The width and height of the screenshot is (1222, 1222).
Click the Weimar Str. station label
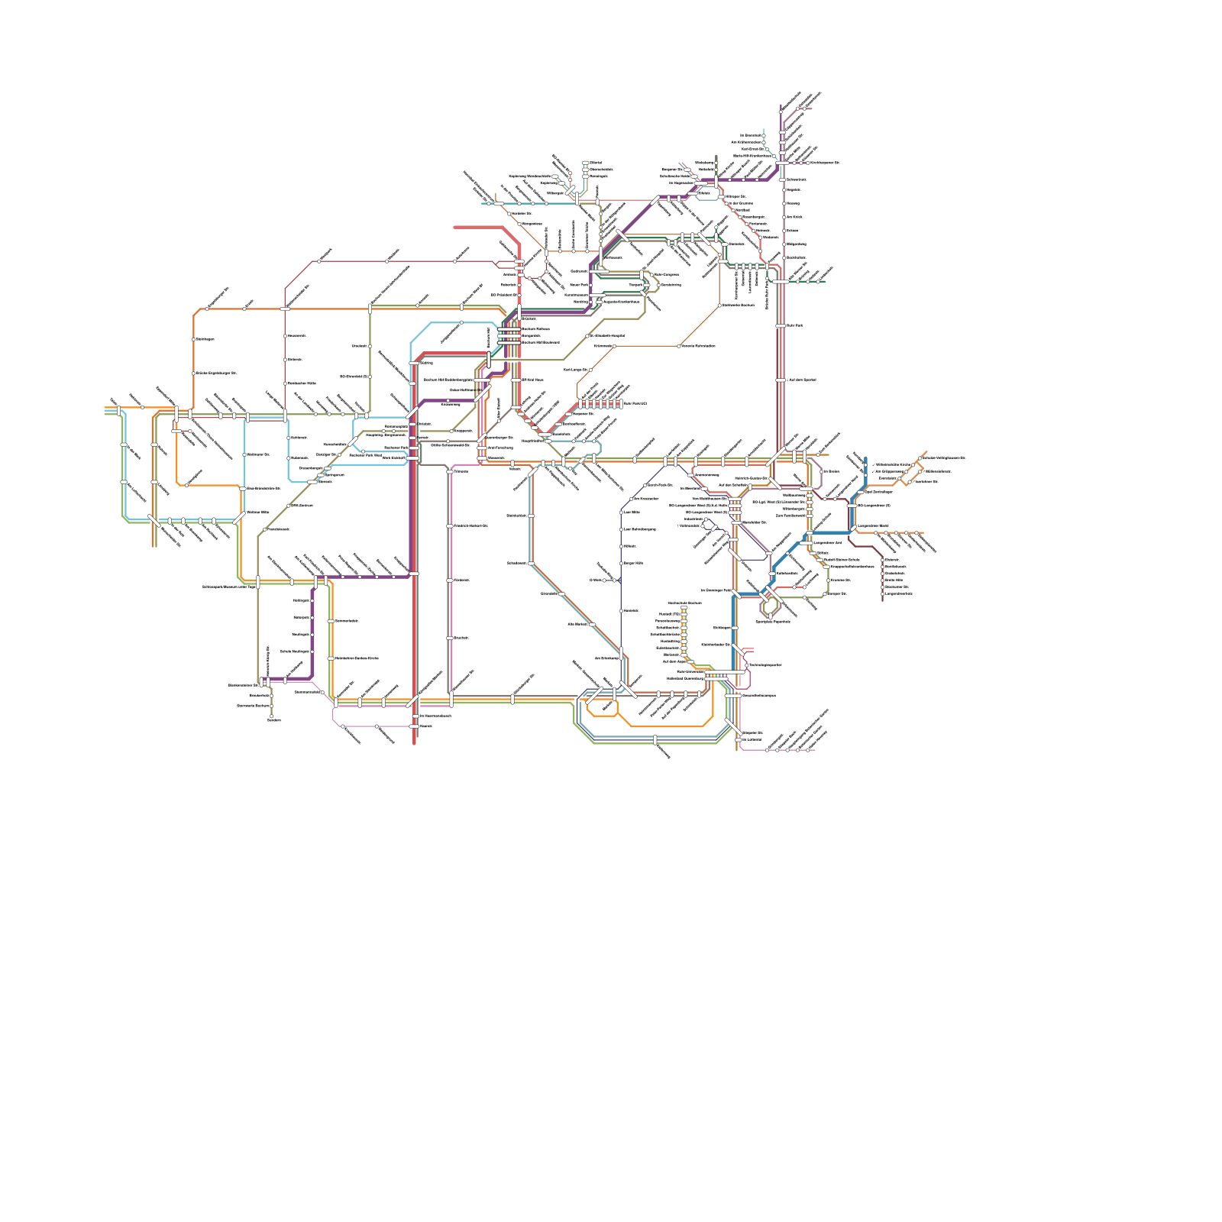258,512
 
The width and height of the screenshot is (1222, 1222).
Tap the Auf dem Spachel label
801,380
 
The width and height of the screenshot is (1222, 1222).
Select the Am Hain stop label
794,217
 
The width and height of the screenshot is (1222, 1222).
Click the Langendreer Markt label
873,525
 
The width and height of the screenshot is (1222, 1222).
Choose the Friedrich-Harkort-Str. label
470,526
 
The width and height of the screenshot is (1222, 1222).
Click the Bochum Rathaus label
535,329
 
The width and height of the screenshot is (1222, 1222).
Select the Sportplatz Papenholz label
772,622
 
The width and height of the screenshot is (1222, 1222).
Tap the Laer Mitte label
632,512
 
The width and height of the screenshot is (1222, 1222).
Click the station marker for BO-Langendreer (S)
852,506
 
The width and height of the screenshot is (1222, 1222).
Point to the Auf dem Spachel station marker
780,380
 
